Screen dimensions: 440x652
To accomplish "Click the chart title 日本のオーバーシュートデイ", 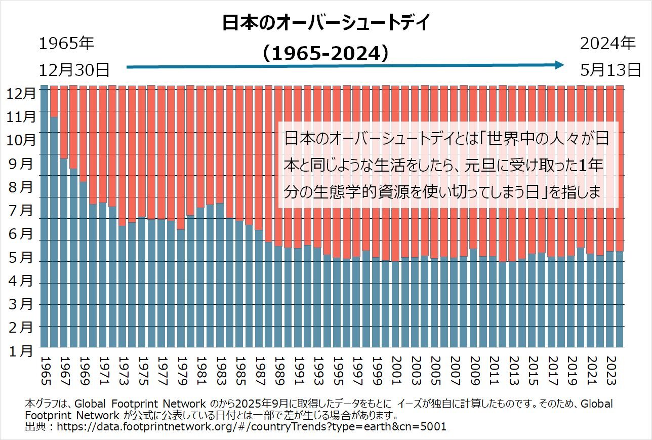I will pyautogui.click(x=326, y=23).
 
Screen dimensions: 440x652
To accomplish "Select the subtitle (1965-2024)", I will pyautogui.click(x=326, y=54).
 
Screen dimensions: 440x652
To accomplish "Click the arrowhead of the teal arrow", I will pyautogui.click(x=559, y=65).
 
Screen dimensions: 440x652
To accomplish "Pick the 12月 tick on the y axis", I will pyautogui.click(x=22, y=93).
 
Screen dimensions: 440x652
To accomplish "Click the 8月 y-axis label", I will pyautogui.click(x=22, y=187).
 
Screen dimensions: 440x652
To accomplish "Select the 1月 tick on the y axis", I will pyautogui.click(x=22, y=350).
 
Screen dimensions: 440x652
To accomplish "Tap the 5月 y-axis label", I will pyautogui.click(x=22, y=258).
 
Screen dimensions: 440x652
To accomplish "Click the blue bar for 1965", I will pyautogui.click(x=45, y=218).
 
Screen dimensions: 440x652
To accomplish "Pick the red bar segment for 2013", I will pyautogui.click(x=512, y=172).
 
